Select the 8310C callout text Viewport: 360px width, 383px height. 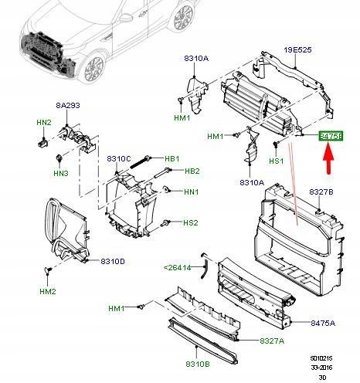120,159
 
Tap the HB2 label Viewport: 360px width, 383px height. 192,171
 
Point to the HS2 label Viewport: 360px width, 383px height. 191,223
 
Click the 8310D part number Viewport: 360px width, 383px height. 112,261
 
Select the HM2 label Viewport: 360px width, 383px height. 48,291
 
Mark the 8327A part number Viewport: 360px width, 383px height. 272,341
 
